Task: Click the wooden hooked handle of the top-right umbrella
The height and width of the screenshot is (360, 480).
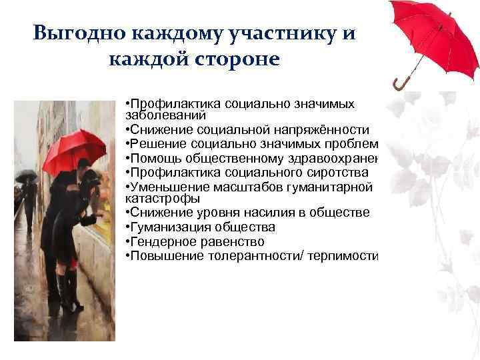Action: (x=401, y=83)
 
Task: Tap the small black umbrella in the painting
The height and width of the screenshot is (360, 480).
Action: (x=26, y=176)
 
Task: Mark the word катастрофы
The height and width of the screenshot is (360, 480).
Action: (x=153, y=198)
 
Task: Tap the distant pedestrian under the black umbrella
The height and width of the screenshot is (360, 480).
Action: (x=29, y=200)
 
